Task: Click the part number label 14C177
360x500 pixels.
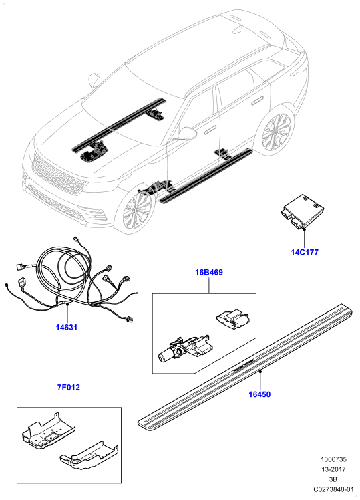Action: click(x=305, y=252)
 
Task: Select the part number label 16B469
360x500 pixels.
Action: click(x=209, y=272)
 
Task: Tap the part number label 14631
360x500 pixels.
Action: click(x=67, y=327)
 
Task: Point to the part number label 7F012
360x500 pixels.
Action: click(x=69, y=388)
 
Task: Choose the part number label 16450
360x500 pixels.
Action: click(x=260, y=394)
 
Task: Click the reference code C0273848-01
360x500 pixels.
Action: click(x=333, y=489)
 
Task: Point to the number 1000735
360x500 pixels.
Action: click(x=333, y=459)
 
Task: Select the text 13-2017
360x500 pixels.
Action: click(x=333, y=469)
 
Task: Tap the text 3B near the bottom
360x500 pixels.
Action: click(x=333, y=479)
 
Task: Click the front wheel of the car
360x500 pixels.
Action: click(x=135, y=212)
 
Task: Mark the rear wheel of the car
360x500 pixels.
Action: click(x=276, y=131)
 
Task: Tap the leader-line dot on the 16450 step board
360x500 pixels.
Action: click(x=260, y=372)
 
